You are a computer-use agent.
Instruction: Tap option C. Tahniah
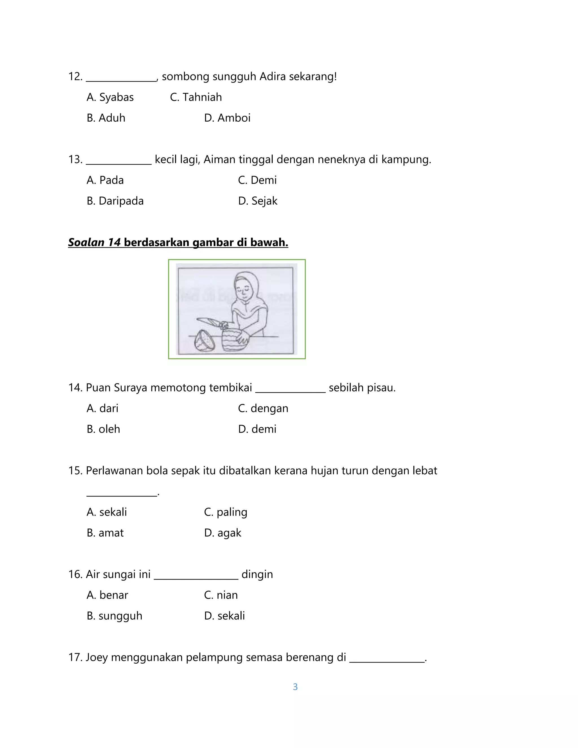coord(196,97)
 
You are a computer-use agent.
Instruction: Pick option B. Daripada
coord(115,201)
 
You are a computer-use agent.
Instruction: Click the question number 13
coord(75,159)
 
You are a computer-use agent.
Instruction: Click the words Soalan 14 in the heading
coord(94,242)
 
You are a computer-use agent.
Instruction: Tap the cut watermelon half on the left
coord(204,341)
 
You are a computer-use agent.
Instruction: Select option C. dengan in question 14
coord(263,408)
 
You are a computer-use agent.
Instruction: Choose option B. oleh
coord(103,429)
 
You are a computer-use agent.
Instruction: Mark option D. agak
coord(223,533)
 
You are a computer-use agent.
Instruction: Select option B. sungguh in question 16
coord(114,616)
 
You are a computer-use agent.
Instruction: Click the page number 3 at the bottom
coord(295,687)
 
